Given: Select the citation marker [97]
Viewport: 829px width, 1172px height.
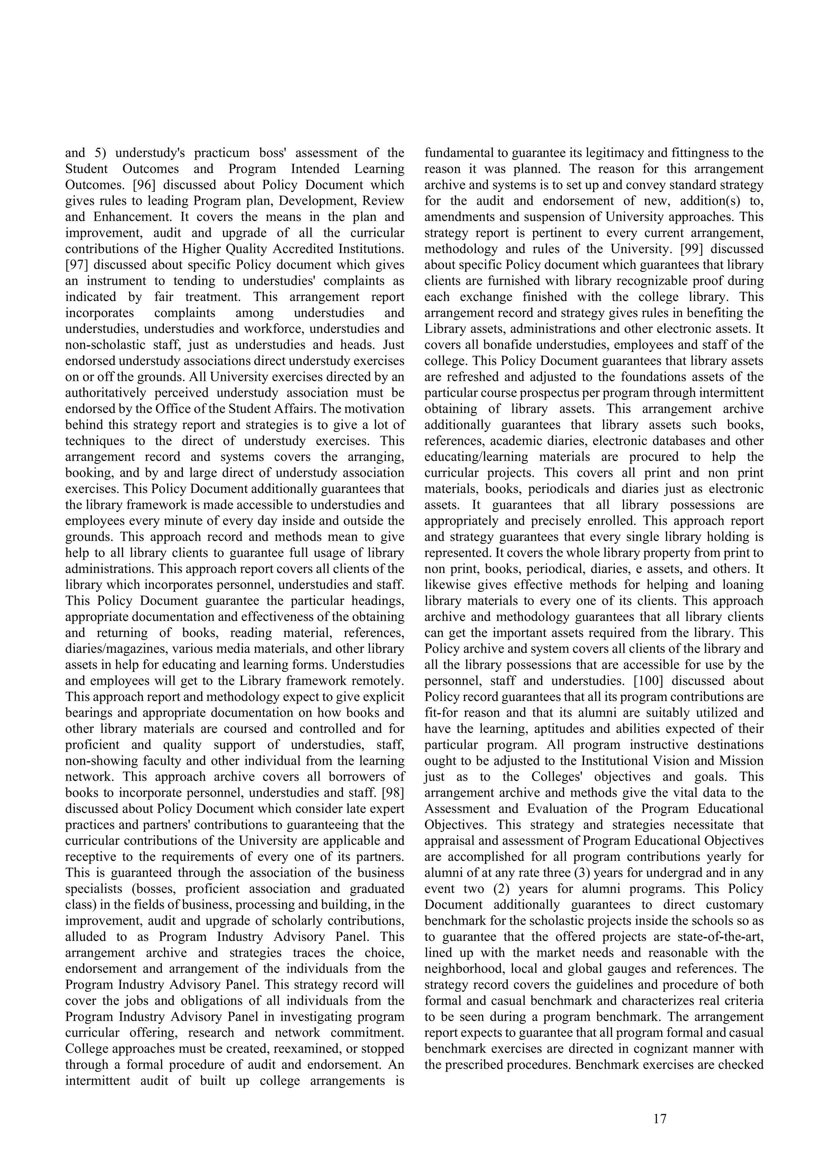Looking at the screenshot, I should click(76, 265).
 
